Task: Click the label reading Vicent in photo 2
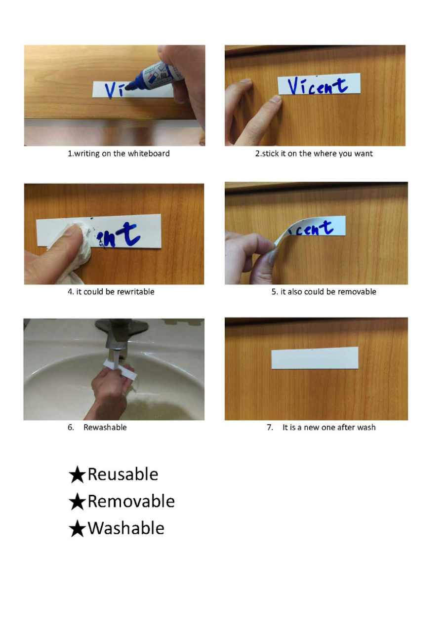[x=319, y=84]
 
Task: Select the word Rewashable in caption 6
[x=105, y=427]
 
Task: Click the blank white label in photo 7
[x=315, y=358]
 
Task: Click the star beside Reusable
[x=77, y=475]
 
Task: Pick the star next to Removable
[x=77, y=502]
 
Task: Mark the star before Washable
[x=77, y=529]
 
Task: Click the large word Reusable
[x=123, y=474]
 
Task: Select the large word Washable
[x=126, y=528]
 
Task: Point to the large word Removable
[x=131, y=501]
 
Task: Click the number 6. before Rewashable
[x=71, y=427]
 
